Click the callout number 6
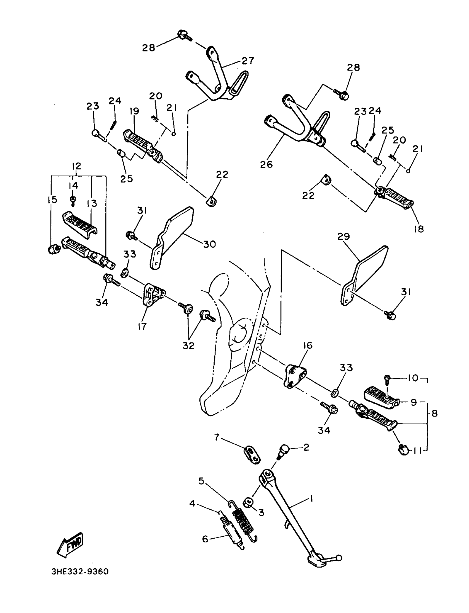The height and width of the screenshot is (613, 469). pos(205,539)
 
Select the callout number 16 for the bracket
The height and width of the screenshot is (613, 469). pos(307,345)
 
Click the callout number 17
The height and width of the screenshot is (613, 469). pos(142,326)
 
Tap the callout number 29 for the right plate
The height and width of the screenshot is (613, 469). pos(343,236)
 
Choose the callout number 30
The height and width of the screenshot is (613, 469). pos(210,244)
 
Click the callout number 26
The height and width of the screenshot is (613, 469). pos(266,164)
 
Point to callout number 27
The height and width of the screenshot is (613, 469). pos(248,61)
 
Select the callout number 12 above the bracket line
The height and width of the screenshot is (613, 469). pos(76,166)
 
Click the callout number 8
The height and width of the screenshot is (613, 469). pos(435,414)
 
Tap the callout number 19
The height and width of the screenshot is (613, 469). pos(134,111)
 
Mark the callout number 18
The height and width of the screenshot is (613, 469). pos(419,229)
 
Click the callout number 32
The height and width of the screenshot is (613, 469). pos(188,346)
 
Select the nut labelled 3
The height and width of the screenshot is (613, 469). pos(248,503)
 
